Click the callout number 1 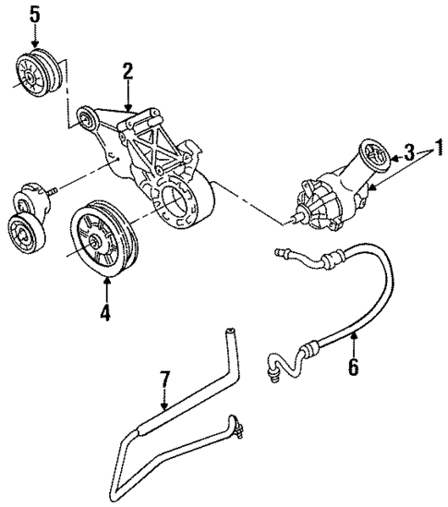(x=440, y=146)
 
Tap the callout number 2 (x=128, y=70)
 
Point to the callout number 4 (x=105, y=313)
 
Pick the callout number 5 (x=34, y=14)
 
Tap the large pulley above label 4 (x=104, y=237)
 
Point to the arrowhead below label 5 (x=35, y=42)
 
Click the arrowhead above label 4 (x=105, y=281)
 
